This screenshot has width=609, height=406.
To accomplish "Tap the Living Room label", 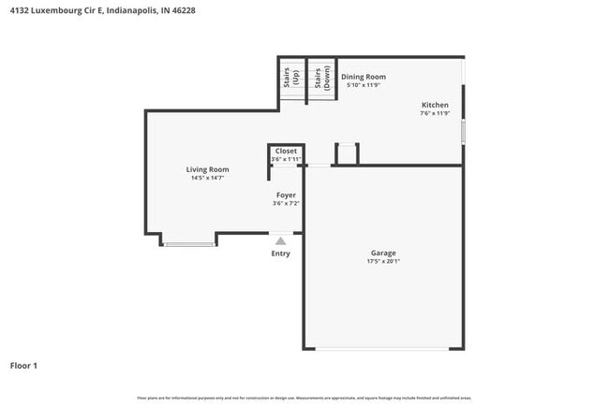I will [x=207, y=169].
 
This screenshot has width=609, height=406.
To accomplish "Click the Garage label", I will [x=383, y=253].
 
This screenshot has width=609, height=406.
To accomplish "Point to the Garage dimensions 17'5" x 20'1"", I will [x=383, y=262].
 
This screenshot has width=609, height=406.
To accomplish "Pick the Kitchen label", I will [x=435, y=105].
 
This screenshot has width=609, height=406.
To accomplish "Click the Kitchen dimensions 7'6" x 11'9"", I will [x=435, y=113].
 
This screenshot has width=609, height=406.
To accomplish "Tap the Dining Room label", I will [x=363, y=77].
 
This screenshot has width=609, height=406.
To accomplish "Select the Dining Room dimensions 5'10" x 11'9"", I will [x=363, y=85].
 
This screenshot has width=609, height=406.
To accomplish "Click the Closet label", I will [x=286, y=151].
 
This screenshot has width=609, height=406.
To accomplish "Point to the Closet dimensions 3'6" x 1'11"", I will [x=286, y=159].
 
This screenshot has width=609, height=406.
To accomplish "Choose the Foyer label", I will [x=285, y=195].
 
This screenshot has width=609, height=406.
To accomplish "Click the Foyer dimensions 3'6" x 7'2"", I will [x=285, y=203].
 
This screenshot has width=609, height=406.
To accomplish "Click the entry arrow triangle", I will [x=280, y=240].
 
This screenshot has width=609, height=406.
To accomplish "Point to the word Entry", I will [x=280, y=254].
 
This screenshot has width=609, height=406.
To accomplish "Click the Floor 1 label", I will [x=23, y=365].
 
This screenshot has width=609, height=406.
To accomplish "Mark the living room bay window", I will [x=190, y=244].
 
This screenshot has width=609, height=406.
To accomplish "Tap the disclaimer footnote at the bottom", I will [x=304, y=398].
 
